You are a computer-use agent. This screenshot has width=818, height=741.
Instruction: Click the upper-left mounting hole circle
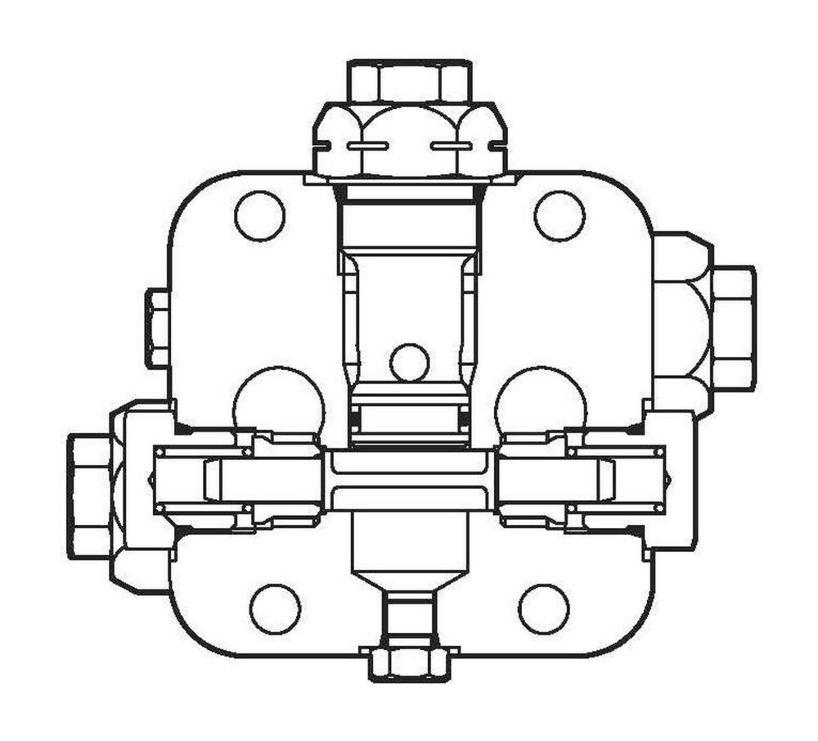[x=260, y=215]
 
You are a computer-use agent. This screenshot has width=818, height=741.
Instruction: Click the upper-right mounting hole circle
[x=560, y=215]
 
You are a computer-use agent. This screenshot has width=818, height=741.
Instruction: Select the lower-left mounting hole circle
[x=275, y=609]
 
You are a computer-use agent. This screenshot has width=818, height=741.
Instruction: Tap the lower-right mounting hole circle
[x=543, y=609]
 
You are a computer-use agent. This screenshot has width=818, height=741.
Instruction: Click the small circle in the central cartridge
[x=409, y=362]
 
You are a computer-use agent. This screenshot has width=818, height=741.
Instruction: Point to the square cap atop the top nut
[x=409, y=81]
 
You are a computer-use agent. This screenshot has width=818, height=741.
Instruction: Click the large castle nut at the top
[x=409, y=141]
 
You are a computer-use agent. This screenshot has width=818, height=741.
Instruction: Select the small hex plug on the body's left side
[x=157, y=328]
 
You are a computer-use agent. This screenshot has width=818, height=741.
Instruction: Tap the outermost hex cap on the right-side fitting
[x=734, y=328]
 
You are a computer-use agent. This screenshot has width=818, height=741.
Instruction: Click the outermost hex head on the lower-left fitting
[x=90, y=497]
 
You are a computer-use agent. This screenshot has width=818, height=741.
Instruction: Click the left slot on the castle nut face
[x=367, y=147]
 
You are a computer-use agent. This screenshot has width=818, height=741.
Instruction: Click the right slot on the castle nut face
[x=452, y=147]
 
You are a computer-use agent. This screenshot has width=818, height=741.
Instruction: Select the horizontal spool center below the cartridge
[x=409, y=481]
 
